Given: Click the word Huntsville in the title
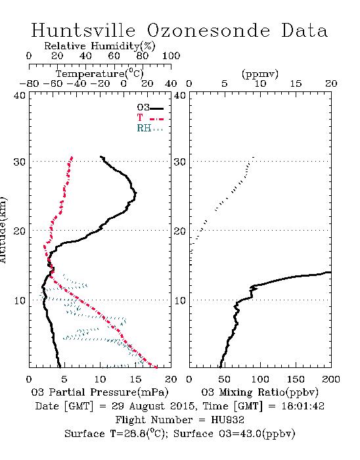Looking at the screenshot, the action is tap(83, 30).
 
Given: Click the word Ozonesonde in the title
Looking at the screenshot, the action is tap(208, 30).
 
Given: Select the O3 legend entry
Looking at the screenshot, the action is tap(150, 108).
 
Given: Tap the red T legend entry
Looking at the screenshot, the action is tap(150, 118).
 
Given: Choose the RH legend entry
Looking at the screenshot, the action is tap(150, 128).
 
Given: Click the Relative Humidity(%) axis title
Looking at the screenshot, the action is tap(100, 46).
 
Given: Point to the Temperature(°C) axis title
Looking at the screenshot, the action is tap(100, 74).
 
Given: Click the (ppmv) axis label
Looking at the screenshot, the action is tap(260, 74).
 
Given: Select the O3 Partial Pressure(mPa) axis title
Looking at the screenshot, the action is tap(100, 392).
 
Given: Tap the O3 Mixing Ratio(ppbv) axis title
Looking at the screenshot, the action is tap(259, 392).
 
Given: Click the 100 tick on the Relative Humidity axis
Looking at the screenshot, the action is tap(171, 56).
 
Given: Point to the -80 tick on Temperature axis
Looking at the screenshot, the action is tap(29, 84).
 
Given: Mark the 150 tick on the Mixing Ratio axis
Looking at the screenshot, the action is tap(296, 379).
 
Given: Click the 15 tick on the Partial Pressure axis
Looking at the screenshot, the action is tap(135, 379).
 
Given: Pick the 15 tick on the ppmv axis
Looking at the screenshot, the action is tap(296, 84).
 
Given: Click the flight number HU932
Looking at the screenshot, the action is tap(228, 420).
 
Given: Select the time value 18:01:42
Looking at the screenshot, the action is tap(303, 406).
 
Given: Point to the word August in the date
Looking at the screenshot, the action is tap(146, 407).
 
